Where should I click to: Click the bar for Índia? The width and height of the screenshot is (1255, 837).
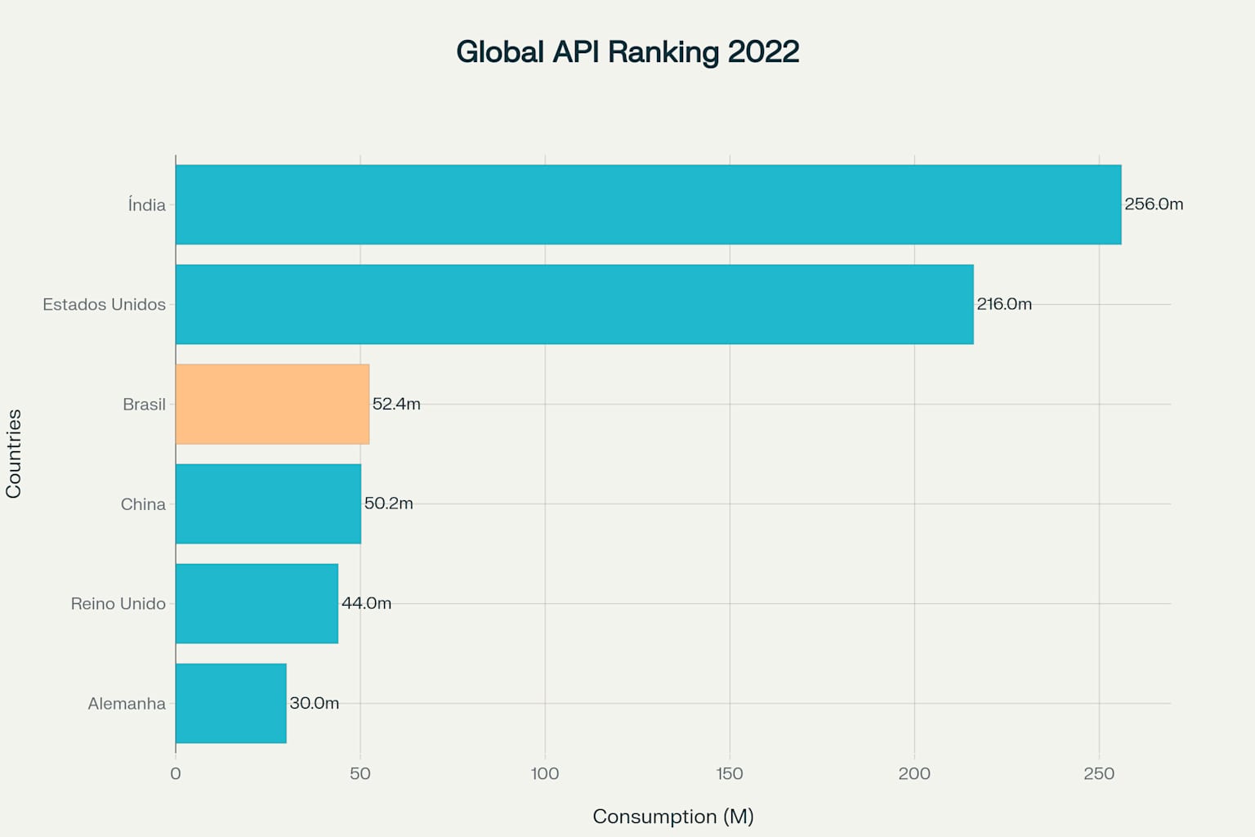coord(648,204)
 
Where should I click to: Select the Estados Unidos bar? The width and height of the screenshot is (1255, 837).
coord(574,304)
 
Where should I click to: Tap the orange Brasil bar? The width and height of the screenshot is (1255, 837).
coord(272,404)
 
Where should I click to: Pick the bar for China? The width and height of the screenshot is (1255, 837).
coord(268,504)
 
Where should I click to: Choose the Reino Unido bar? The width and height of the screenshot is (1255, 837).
coord(257,603)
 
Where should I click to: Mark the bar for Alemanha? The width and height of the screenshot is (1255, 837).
coord(230,703)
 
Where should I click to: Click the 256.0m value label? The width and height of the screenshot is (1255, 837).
coord(1153,204)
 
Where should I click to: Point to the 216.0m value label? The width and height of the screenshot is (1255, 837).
coord(1003,304)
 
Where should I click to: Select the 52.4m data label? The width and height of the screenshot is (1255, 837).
coord(396,404)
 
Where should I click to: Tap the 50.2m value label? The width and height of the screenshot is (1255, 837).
coord(388,504)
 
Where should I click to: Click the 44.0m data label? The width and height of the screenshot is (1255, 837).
coord(366,603)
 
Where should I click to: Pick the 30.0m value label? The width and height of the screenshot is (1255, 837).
coord(314,703)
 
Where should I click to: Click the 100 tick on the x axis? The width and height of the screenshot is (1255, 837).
coord(545,774)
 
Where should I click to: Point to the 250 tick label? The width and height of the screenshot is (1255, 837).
coord(1098,774)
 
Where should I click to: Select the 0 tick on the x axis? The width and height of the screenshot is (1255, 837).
coord(176,774)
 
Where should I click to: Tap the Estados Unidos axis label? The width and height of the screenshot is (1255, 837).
coord(104,304)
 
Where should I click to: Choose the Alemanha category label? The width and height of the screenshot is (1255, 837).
coord(127,703)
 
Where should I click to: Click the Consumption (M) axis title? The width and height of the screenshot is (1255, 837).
coord(672,817)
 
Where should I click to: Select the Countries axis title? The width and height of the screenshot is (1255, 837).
coord(14,454)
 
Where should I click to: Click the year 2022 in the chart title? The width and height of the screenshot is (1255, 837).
coord(763,51)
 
